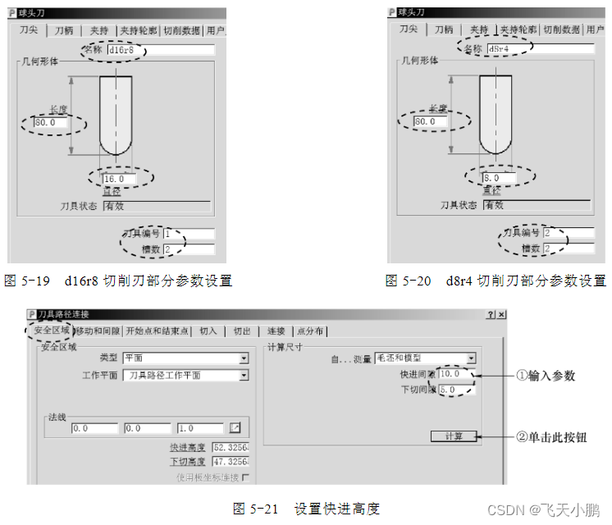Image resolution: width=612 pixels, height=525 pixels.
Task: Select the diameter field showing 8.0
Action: click(499, 178)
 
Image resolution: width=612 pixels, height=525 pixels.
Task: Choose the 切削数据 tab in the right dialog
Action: click(560, 30)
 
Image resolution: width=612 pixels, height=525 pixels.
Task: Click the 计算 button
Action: click(453, 436)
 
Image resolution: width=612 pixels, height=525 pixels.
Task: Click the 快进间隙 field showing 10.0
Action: click(457, 374)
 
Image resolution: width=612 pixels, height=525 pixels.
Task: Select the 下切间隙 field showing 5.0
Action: click(457, 390)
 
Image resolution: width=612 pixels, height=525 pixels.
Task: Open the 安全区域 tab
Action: click(51, 331)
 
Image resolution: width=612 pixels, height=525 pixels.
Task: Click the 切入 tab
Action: click(208, 331)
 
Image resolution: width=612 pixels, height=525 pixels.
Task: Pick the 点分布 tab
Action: click(309, 331)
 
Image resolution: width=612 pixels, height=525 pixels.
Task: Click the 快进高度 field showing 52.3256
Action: click(230, 448)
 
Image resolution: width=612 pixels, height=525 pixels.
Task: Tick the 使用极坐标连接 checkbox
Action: click(244, 477)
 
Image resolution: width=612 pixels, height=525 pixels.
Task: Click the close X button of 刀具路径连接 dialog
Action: click(502, 314)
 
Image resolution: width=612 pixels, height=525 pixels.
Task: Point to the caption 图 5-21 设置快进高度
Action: click(306, 509)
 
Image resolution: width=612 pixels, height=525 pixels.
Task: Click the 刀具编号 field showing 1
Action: click(189, 234)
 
